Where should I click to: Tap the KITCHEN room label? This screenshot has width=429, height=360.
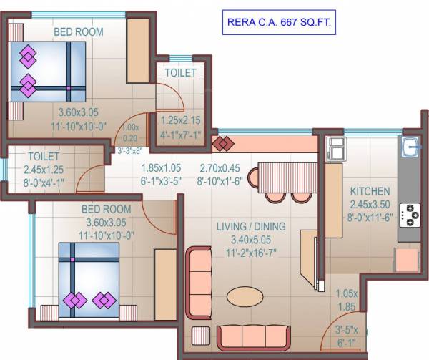tap(370, 191)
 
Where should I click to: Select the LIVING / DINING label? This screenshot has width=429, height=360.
tap(251, 227)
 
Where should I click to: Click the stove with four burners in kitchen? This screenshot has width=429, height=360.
tap(410, 214)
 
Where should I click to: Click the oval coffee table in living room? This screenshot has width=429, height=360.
tap(245, 295)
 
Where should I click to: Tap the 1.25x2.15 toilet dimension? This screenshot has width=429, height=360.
tap(180, 120)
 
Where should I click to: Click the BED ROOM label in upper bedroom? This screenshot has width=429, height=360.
tap(78, 31)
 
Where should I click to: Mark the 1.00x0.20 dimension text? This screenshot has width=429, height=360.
tap(130, 132)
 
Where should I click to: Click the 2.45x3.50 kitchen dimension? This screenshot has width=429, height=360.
tap(370, 203)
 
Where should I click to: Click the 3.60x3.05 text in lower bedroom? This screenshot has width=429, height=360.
tap(106, 221)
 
